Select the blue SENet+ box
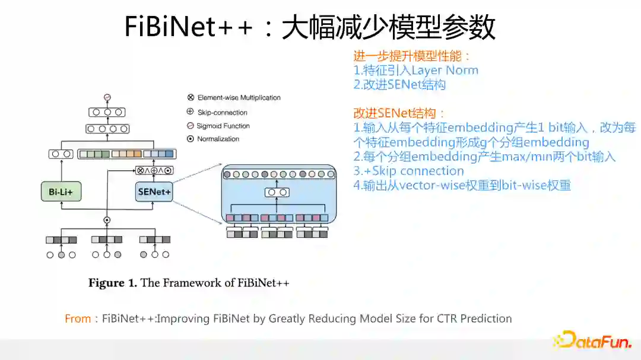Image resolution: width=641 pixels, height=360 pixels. [x=154, y=192]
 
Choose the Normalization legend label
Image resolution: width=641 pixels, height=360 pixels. [x=218, y=139]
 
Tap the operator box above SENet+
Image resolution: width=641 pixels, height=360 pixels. [x=154, y=170]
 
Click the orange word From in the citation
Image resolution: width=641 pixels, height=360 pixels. [x=78, y=318]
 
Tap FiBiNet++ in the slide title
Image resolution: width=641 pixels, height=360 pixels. [x=189, y=27]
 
